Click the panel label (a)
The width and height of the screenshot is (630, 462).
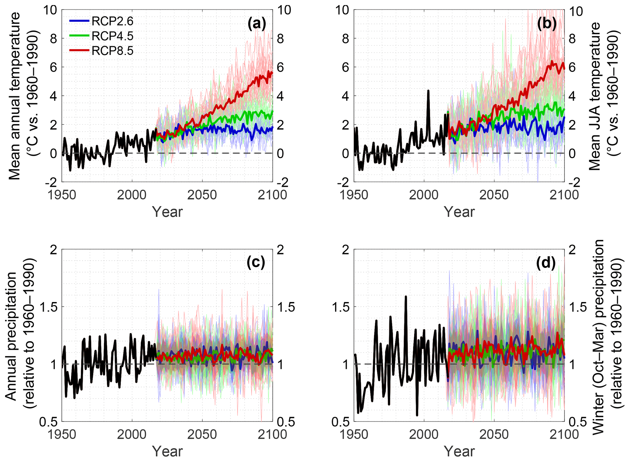(257, 23)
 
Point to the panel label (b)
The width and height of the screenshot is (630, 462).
(547, 23)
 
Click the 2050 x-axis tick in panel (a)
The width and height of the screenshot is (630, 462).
(202, 195)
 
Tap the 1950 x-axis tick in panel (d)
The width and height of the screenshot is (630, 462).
(354, 434)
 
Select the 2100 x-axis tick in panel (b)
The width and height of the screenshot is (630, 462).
(564, 195)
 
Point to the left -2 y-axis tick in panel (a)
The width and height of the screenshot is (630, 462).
(51, 182)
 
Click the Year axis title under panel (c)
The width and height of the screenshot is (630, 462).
(167, 451)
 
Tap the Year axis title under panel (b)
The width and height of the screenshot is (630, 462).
(459, 212)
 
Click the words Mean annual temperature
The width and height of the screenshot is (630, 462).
(14, 96)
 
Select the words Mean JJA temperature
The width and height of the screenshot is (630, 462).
(594, 96)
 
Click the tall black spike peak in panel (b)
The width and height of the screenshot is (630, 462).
(428, 91)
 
